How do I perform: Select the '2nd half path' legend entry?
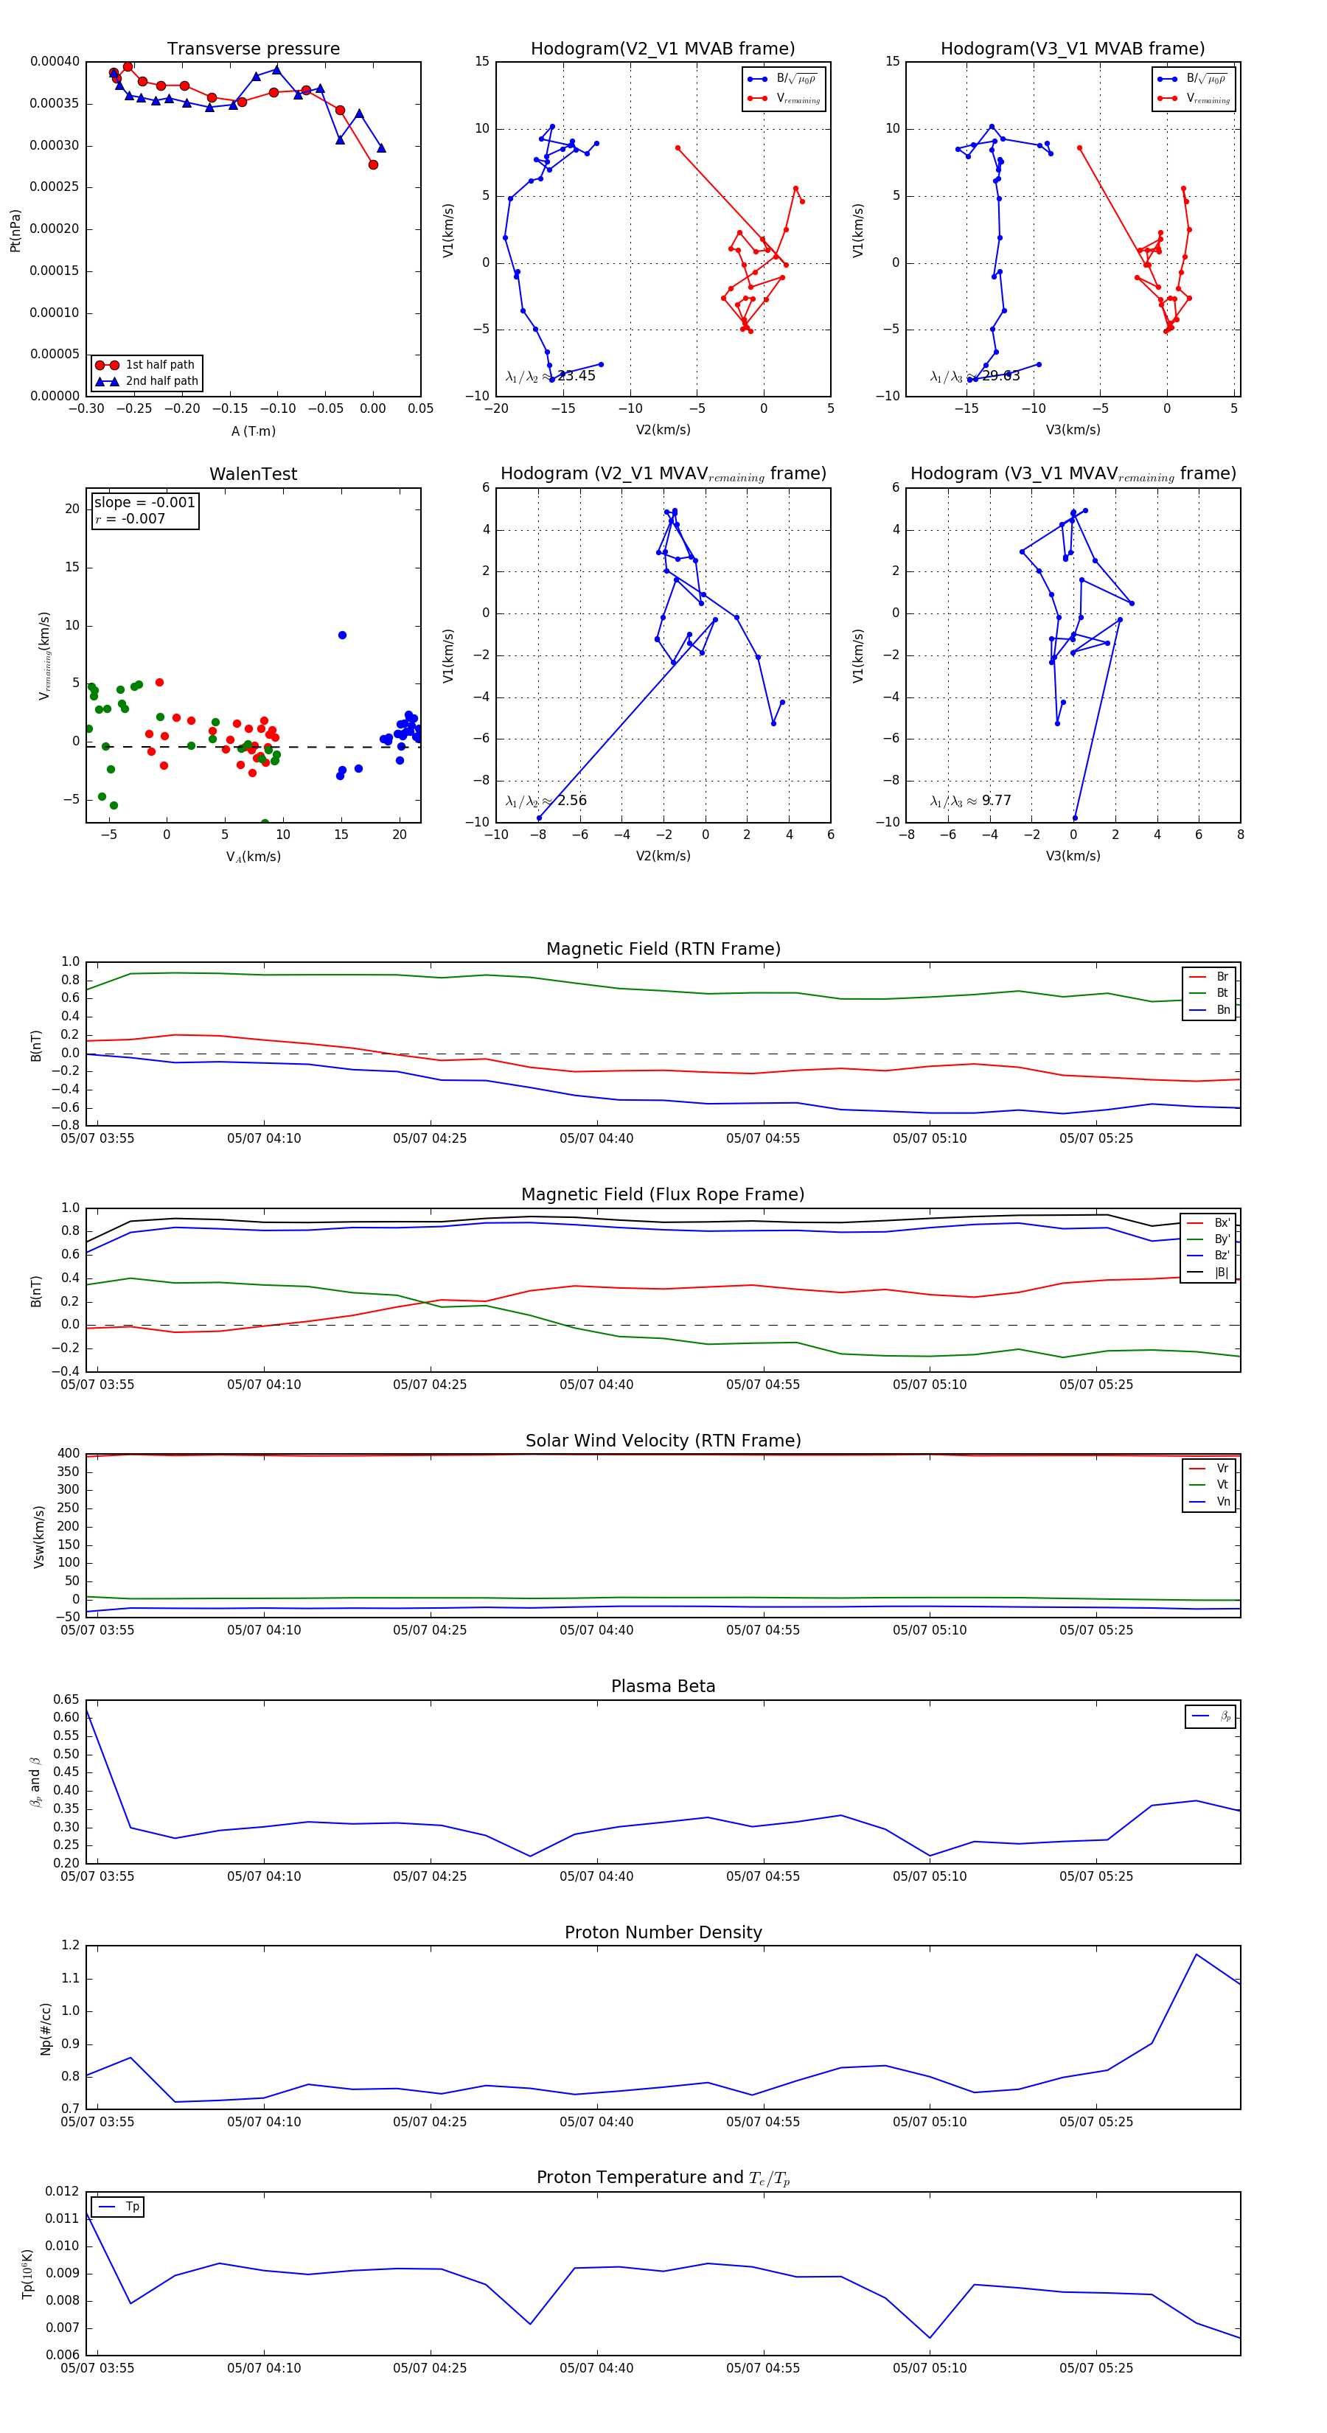click(161, 382)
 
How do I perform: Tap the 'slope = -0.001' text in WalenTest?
click(144, 503)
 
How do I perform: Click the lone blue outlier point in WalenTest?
click(342, 635)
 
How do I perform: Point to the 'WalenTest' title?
click(253, 474)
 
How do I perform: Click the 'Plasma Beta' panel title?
click(663, 1686)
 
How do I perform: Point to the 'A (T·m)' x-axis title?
click(253, 431)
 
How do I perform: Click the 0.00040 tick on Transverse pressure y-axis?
click(55, 61)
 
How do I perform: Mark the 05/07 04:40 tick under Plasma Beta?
click(596, 1876)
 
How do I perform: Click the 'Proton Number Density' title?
click(663, 1932)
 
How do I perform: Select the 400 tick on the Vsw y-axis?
click(68, 1454)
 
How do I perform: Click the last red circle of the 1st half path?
click(373, 164)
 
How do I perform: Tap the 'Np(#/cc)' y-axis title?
click(45, 2027)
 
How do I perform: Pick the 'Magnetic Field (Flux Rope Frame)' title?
click(663, 1195)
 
